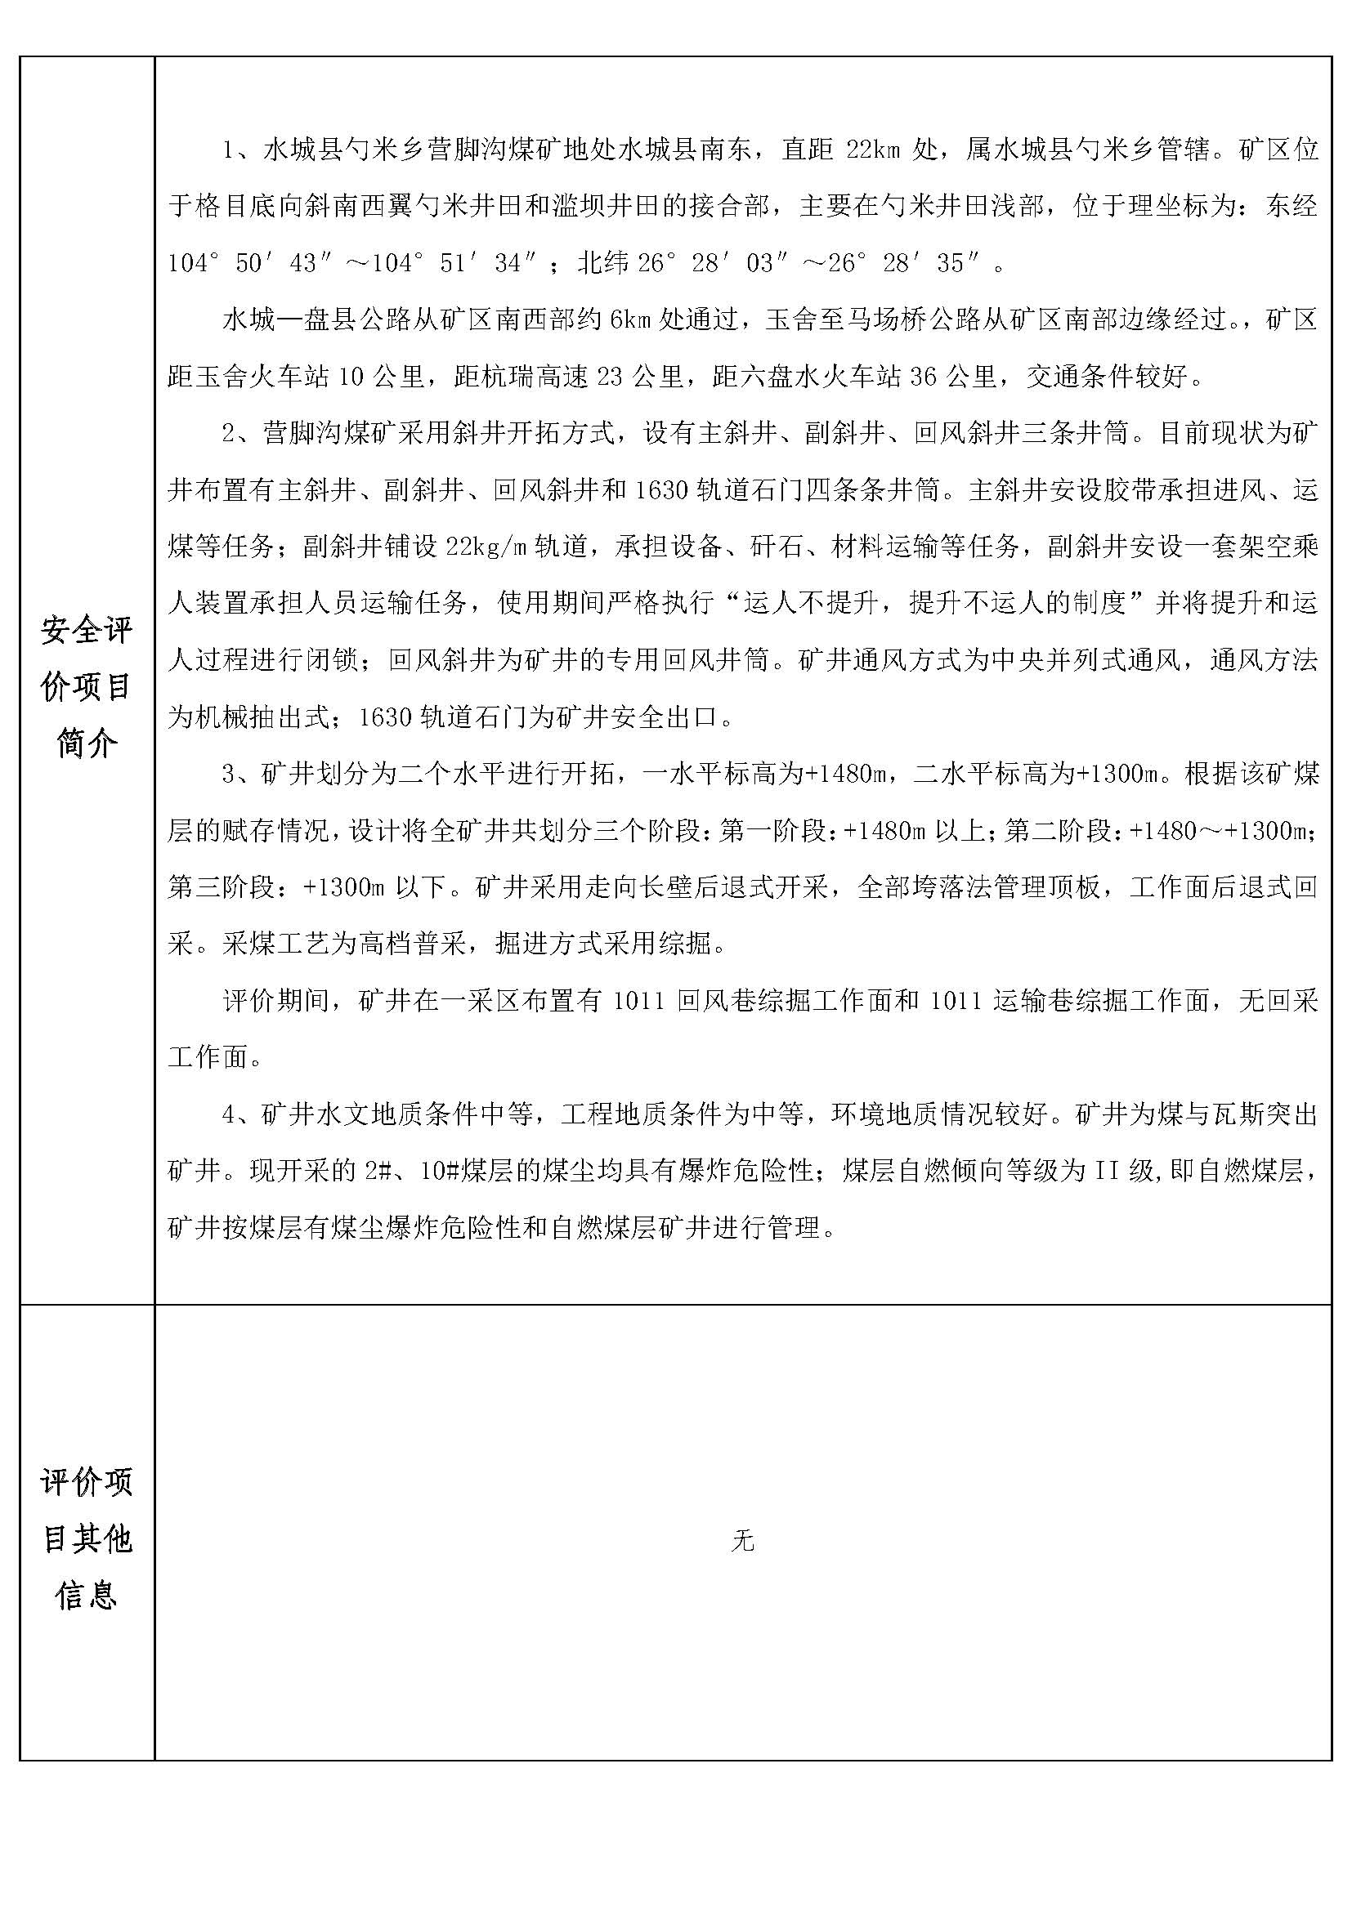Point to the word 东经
[1292, 207]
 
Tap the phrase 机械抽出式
[262, 717]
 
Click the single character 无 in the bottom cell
[742, 1543]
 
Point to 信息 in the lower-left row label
[87, 1595]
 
